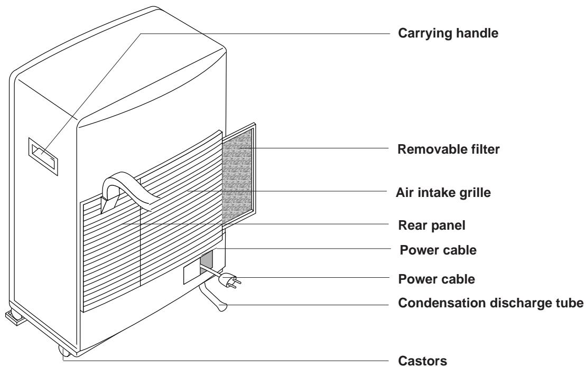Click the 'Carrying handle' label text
point(448,33)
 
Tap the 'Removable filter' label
point(449,149)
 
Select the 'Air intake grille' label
point(443,193)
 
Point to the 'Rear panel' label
point(432,225)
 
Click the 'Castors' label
point(422,361)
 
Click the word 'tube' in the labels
point(568,303)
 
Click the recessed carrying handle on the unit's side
point(43,156)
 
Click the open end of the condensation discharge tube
point(222,307)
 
